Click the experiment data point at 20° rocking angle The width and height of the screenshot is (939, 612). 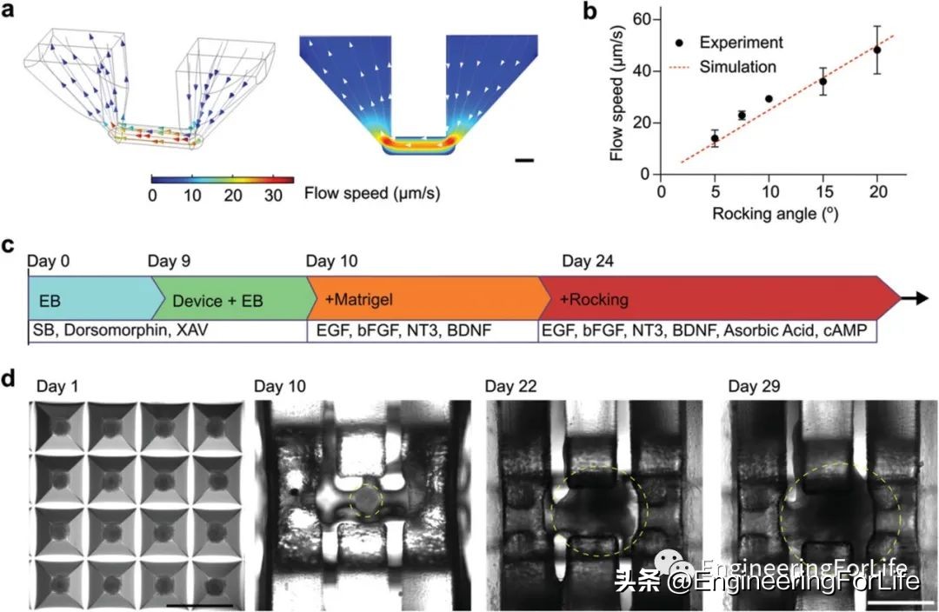click(x=877, y=50)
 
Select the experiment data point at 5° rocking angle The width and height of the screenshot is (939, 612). click(x=715, y=138)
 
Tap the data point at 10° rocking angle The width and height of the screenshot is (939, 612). click(x=769, y=99)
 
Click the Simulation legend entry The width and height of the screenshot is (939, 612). click(x=739, y=66)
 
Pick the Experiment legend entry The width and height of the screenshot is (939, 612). click(x=741, y=43)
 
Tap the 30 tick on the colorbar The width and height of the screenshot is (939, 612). click(x=274, y=196)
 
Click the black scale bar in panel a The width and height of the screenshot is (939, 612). click(x=523, y=160)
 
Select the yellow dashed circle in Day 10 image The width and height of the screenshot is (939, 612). click(x=365, y=501)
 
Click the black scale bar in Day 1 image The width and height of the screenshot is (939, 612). click(x=196, y=602)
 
